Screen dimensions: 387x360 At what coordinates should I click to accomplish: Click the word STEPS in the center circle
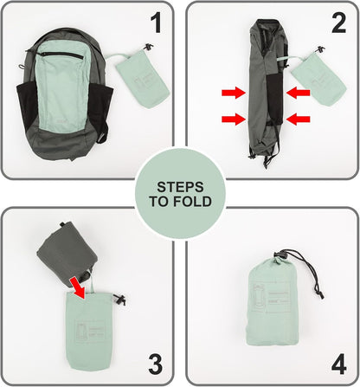pos(180,186)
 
